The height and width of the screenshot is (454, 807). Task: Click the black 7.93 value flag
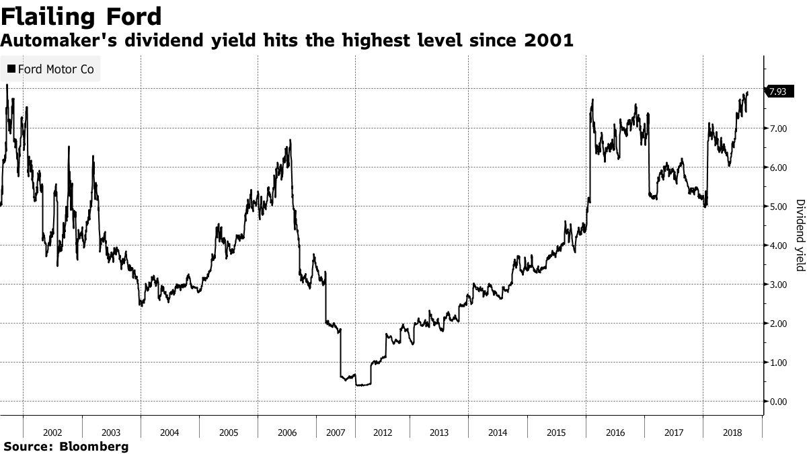pyautogui.click(x=777, y=91)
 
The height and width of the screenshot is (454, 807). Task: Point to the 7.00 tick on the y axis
pyautogui.click(x=778, y=128)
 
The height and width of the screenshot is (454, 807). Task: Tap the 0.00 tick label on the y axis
pyautogui.click(x=778, y=402)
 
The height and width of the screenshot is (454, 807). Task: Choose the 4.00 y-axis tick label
pyautogui.click(x=778, y=245)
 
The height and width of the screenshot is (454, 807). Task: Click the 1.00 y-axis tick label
pyautogui.click(x=778, y=363)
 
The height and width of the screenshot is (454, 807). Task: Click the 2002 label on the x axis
pyautogui.click(x=52, y=433)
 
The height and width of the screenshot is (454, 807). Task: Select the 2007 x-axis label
pyautogui.click(x=336, y=433)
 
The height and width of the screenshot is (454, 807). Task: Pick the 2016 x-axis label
pyautogui.click(x=615, y=433)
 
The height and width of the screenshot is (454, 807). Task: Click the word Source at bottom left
pyautogui.click(x=27, y=446)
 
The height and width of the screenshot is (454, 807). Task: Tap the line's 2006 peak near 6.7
pyautogui.click(x=290, y=141)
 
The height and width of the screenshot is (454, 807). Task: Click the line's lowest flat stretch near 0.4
pyautogui.click(x=364, y=385)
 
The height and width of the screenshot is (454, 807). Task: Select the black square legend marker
pyautogui.click(x=11, y=69)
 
